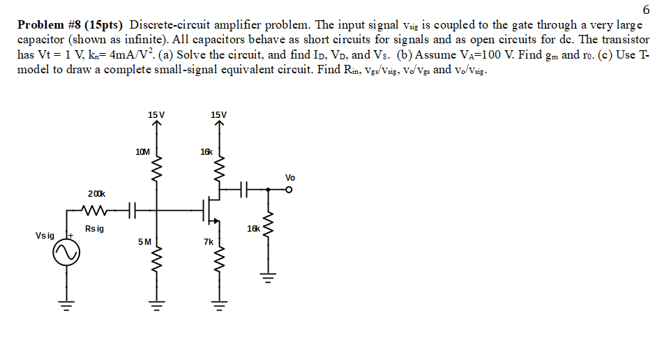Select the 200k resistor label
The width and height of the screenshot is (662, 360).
tap(96, 193)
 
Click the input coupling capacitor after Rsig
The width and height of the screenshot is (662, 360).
tap(133, 209)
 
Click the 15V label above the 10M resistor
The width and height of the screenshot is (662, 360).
tap(156, 114)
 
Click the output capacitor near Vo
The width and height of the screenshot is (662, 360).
tap(242, 188)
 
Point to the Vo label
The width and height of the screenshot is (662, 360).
tap(290, 177)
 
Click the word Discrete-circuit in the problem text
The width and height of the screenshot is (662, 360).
tap(174, 24)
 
